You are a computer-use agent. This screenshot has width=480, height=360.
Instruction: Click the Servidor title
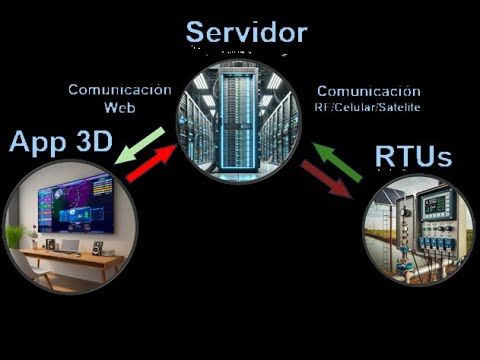click(x=246, y=32)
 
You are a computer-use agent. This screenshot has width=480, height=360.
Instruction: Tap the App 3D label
click(x=60, y=142)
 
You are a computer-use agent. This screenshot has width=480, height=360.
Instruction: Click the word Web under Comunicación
click(x=119, y=106)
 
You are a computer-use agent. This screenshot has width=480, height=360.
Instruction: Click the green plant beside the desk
click(x=14, y=236)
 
